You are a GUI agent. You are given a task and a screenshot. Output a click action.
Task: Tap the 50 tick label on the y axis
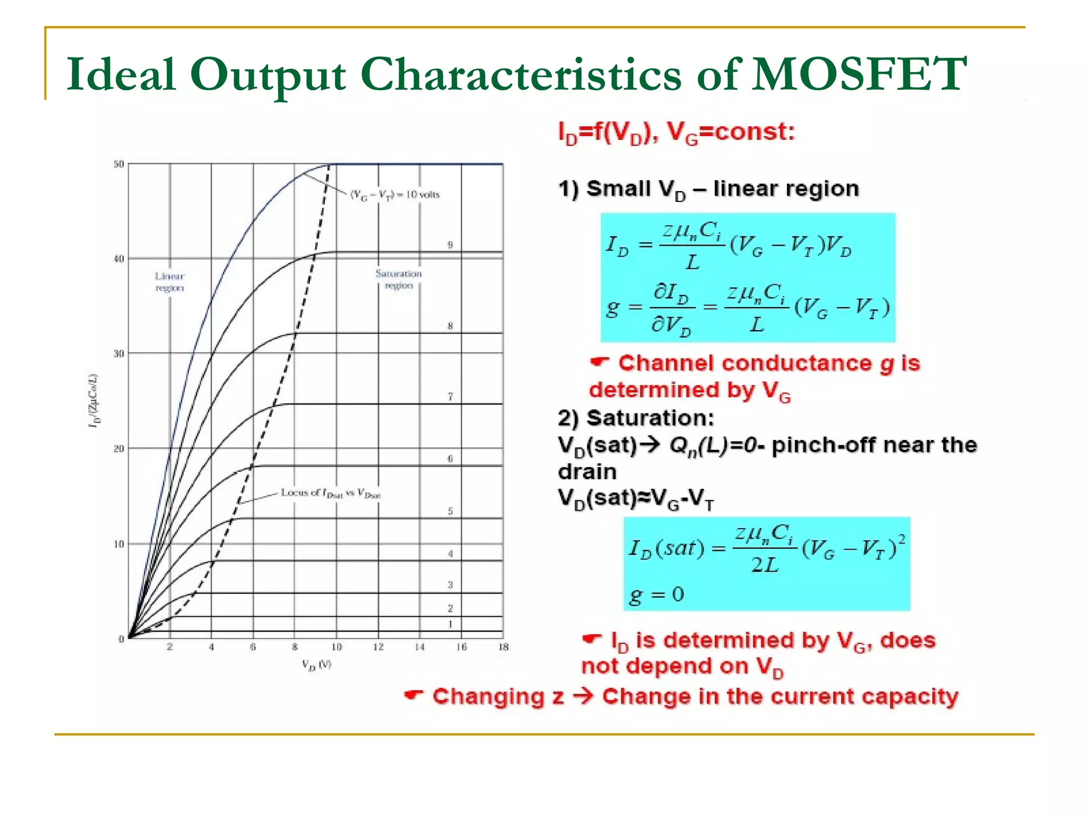pos(119,164)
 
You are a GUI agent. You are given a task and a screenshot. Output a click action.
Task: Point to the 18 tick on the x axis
pos(503,647)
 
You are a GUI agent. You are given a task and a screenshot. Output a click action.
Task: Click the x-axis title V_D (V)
pos(316,665)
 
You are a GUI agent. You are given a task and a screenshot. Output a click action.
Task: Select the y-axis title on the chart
pos(94,401)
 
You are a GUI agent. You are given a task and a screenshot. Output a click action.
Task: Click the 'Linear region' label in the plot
pos(169,282)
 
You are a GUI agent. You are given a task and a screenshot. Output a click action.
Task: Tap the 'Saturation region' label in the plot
pos(398,279)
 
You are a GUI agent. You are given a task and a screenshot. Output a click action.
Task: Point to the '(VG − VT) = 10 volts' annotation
pos(395,195)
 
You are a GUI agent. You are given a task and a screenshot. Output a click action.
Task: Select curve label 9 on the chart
pos(450,245)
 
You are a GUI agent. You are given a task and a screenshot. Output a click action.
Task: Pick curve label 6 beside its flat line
pos(450,458)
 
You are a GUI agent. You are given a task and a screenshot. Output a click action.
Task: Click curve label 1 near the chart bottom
pos(450,624)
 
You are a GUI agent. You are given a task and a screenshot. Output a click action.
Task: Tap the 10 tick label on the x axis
pos(336,647)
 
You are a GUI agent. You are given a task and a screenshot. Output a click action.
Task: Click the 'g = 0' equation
pos(656,594)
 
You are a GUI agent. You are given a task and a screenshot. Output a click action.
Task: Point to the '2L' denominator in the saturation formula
pos(765,565)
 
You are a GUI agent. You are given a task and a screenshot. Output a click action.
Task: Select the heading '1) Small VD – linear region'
pos(708,190)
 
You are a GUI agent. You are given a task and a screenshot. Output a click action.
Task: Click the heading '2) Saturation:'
pos(636,418)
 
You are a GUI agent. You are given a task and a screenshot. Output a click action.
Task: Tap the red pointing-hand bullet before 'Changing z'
pos(414,695)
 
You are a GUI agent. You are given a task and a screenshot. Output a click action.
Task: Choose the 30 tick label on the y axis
pos(119,354)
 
